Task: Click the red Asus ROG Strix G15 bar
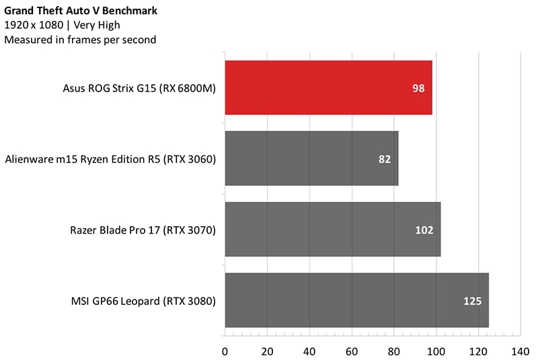(328, 87)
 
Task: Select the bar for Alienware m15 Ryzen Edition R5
(311, 159)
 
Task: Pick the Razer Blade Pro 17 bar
(332, 229)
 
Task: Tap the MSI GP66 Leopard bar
(356, 300)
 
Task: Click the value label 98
(419, 88)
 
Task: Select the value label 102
(424, 230)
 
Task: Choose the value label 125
(473, 301)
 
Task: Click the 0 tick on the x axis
(225, 351)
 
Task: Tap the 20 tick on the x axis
(267, 351)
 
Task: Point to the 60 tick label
(352, 351)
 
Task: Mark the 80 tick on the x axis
(394, 351)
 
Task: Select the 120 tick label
(478, 351)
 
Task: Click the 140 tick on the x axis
(521, 351)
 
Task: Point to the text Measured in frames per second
(80, 40)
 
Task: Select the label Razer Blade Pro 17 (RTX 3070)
(143, 230)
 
